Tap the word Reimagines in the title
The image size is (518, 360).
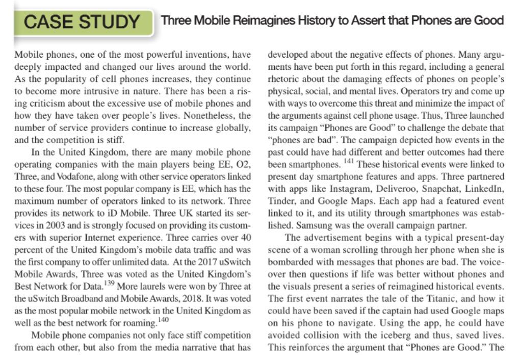(264, 21)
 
